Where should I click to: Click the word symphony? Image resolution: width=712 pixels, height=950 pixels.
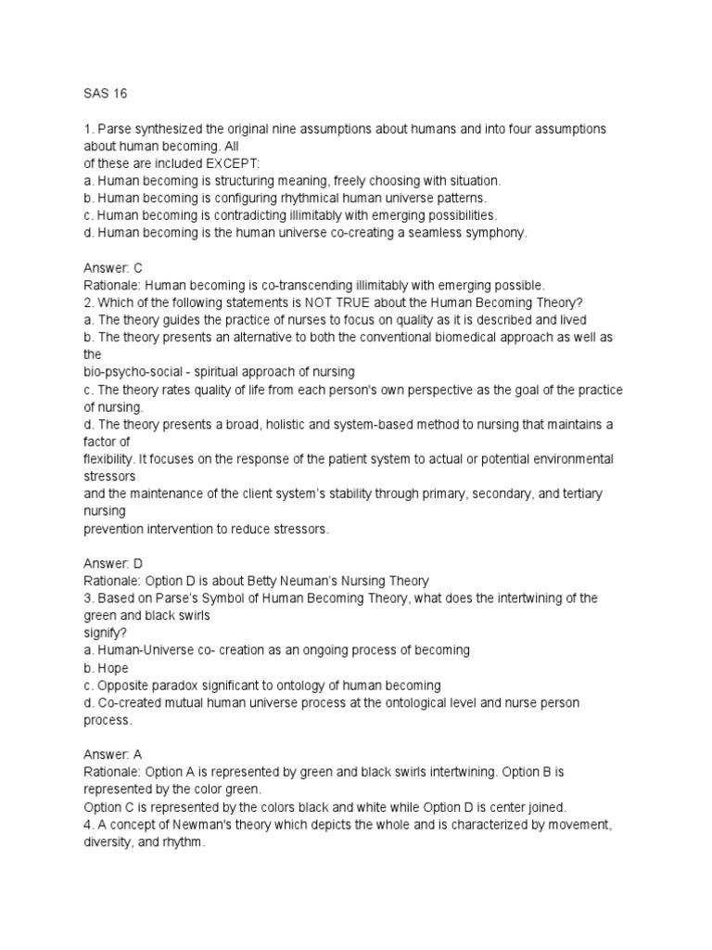point(496,233)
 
